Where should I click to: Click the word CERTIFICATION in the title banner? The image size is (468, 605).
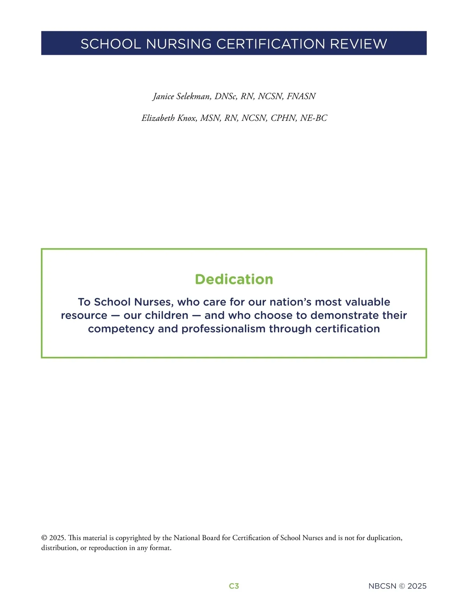click(x=271, y=44)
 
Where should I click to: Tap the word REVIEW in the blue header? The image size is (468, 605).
click(x=359, y=44)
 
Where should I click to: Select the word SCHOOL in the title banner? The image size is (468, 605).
click(x=110, y=44)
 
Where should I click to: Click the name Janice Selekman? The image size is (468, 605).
click(x=182, y=96)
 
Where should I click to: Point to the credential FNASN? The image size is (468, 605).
click(x=301, y=96)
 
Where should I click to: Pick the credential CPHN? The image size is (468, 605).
click(x=284, y=118)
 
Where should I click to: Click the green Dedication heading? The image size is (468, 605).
click(x=234, y=279)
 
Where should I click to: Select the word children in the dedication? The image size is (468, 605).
click(x=167, y=315)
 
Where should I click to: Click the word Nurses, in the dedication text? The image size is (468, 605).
click(x=154, y=302)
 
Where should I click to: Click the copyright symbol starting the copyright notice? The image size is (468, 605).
click(x=44, y=538)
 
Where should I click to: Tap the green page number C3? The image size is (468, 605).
click(x=234, y=586)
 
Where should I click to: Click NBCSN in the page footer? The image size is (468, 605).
click(x=382, y=586)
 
